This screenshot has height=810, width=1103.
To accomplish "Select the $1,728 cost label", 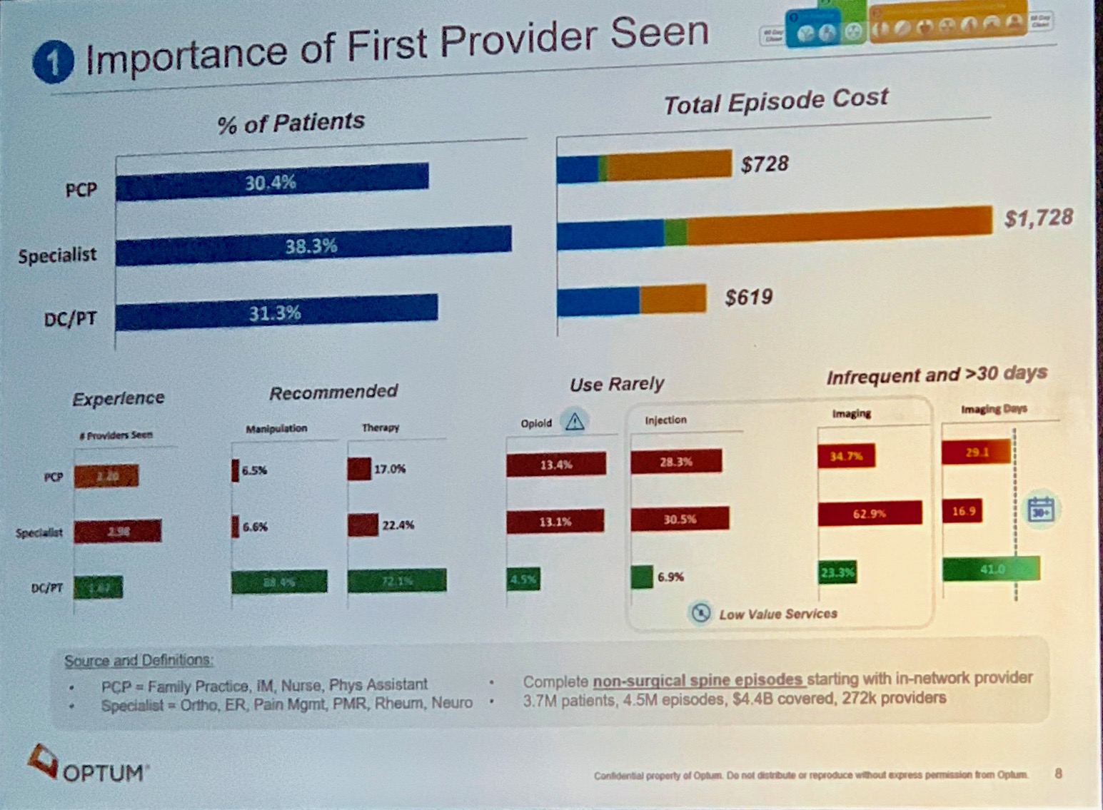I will point(1038,218).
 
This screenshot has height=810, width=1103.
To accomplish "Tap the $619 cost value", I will point(748,296).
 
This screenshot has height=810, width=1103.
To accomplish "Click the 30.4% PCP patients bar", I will point(272,183).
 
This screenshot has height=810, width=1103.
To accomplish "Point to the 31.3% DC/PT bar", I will point(276,313).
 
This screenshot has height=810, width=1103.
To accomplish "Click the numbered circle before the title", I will point(54,62).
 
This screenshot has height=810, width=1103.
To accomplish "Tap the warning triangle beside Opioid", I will point(575,421).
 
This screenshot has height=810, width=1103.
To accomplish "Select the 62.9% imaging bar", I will point(869,513).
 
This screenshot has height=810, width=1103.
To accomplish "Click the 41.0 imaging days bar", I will point(991,569).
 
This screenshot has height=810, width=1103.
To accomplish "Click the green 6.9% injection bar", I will point(642,577).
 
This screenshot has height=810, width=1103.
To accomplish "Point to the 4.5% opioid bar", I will point(523,579).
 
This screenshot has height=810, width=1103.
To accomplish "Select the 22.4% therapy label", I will point(398,525).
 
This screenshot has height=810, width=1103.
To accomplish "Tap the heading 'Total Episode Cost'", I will point(775,101).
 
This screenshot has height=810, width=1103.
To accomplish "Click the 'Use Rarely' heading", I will point(616,384).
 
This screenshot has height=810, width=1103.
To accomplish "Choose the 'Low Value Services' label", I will point(777,614).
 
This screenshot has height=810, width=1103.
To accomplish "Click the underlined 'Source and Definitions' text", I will point(138,660).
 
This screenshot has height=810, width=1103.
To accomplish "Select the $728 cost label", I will point(765,164).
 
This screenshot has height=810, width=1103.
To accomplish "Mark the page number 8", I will point(1058,773).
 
